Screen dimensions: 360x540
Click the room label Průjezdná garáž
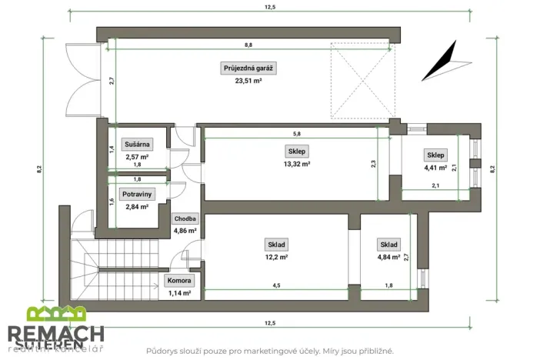pyautogui.click(x=248, y=68)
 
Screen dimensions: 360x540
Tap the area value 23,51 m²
pyautogui.click(x=248, y=80)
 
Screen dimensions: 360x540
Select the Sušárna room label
pyautogui.click(x=136, y=144)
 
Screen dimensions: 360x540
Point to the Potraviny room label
pyautogui.click(x=136, y=194)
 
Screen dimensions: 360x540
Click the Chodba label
pyautogui.click(x=185, y=218)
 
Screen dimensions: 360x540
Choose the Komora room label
pyautogui.click(x=181, y=281)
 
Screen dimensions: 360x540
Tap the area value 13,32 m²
pyautogui.click(x=296, y=163)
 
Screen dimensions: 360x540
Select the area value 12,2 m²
pyautogui.click(x=277, y=257)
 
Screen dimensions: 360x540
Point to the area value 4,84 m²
pyautogui.click(x=388, y=257)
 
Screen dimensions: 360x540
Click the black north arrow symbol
pyautogui.click(x=439, y=62)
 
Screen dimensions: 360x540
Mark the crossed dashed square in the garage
pyautogui.click(x=362, y=80)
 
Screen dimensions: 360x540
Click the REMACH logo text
pyautogui.click(x=56, y=334)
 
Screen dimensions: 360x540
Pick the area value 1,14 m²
pyautogui.click(x=181, y=293)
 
